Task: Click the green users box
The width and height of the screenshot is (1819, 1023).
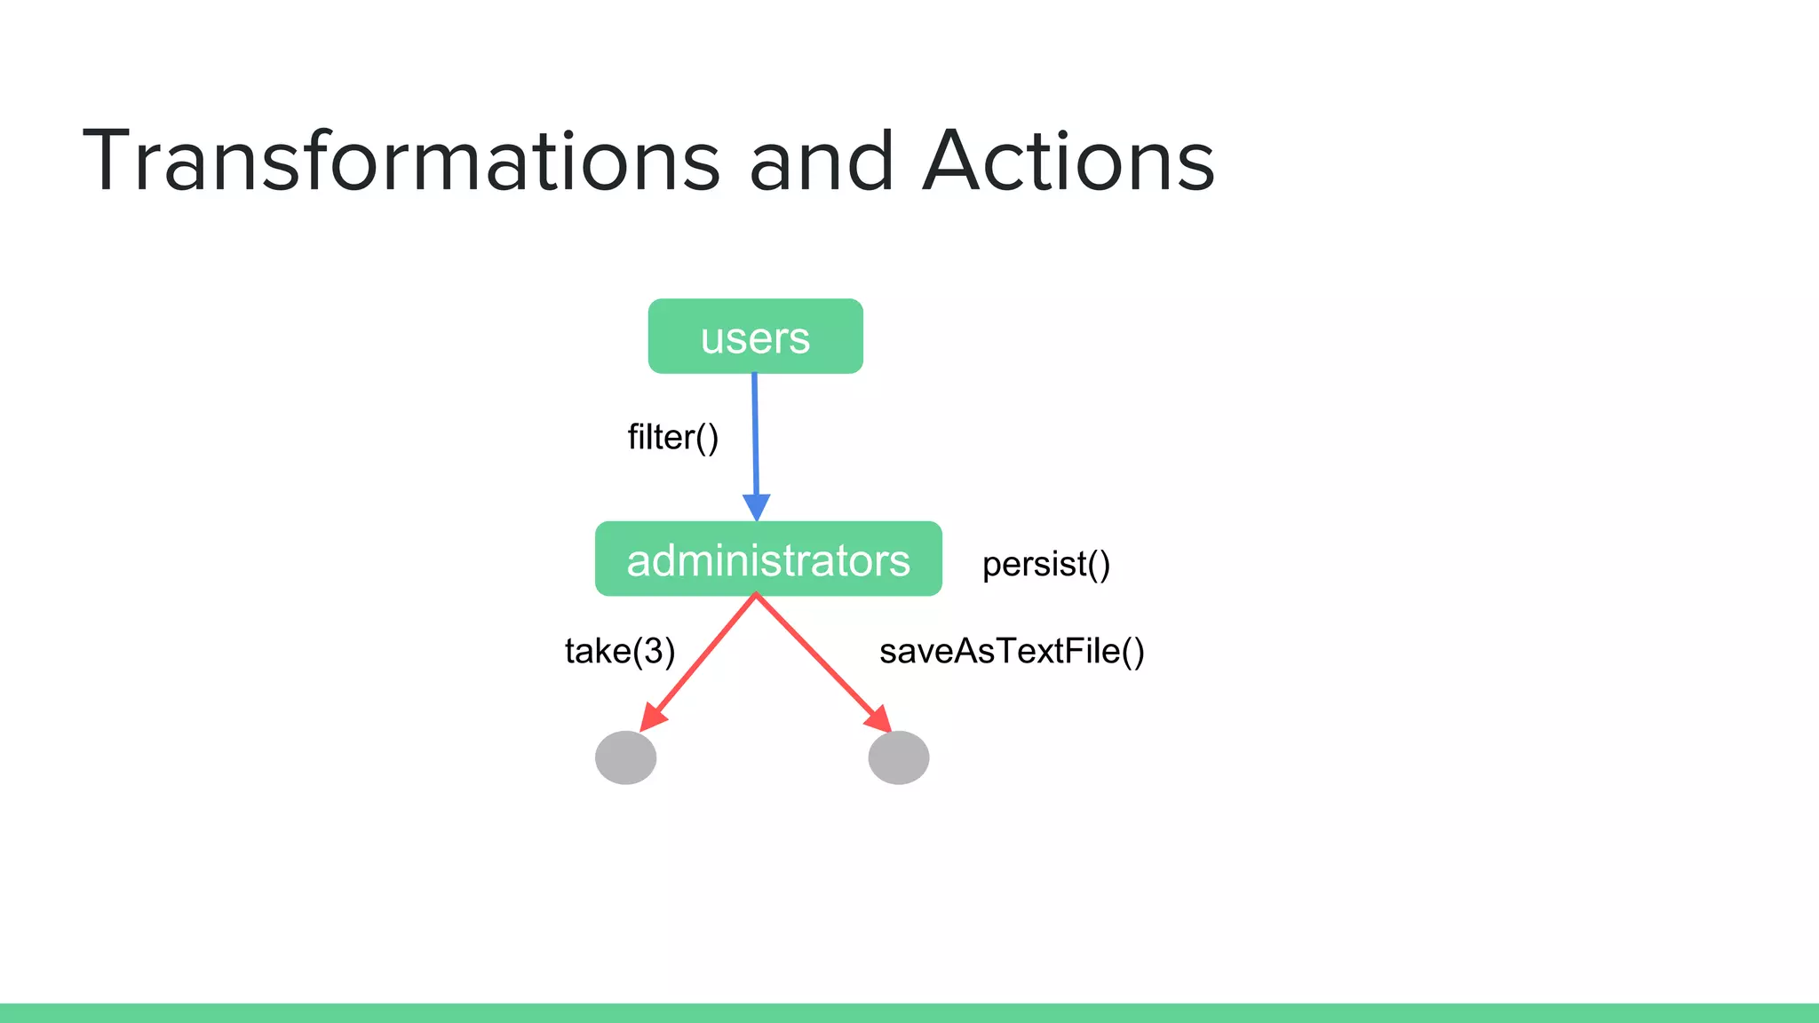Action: pyautogui.click(x=755, y=337)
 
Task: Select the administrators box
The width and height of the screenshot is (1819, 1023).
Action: pyautogui.click(x=768, y=559)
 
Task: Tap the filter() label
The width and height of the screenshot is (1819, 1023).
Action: pyautogui.click(x=672, y=437)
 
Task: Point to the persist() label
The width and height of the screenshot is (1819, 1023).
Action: pyautogui.click(x=1045, y=564)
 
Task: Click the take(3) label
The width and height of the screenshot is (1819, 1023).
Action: pyautogui.click(x=619, y=651)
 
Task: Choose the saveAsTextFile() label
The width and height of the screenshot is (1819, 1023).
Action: pyautogui.click(x=1011, y=651)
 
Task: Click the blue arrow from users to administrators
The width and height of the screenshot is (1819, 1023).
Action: pyautogui.click(x=756, y=435)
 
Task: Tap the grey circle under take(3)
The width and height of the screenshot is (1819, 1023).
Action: pyautogui.click(x=625, y=757)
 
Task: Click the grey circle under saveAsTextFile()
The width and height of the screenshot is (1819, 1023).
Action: pyautogui.click(x=898, y=757)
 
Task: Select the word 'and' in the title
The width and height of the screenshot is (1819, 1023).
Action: pyautogui.click(x=821, y=161)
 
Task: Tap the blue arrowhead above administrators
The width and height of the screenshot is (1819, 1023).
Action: pyautogui.click(x=757, y=506)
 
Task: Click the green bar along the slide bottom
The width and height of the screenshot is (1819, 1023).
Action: pyautogui.click(x=909, y=1012)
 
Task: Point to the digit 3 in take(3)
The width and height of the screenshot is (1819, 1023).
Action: pyautogui.click(x=653, y=651)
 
